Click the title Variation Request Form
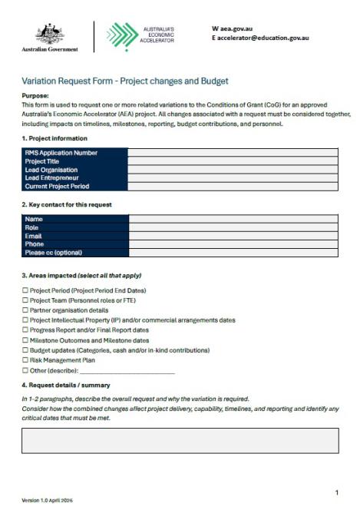124,81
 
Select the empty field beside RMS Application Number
233,153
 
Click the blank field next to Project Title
233,161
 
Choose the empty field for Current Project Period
233,187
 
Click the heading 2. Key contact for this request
67,205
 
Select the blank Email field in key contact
233,236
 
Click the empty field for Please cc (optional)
233,253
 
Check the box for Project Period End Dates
25,291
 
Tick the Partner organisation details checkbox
25,310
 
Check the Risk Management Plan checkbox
25,359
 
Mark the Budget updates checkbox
25,350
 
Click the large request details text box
180,440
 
